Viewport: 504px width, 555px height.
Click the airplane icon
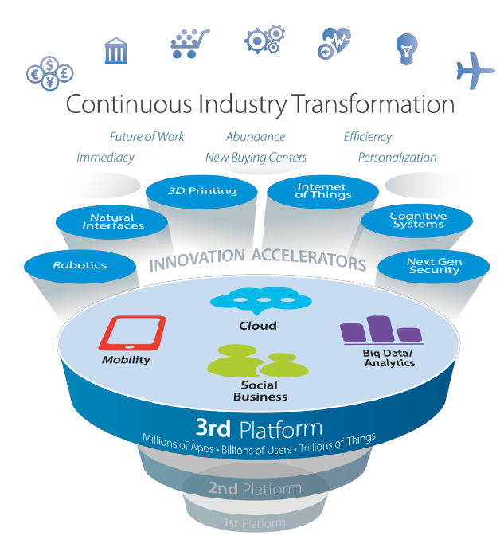[x=475, y=71]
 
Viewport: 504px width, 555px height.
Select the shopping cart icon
[x=189, y=44]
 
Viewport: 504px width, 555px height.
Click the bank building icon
[x=119, y=50]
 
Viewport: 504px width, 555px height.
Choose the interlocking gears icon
[x=264, y=41]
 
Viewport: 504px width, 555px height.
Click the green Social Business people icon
[x=251, y=364]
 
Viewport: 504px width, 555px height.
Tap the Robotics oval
[x=80, y=265]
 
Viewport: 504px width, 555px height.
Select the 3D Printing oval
[x=202, y=192]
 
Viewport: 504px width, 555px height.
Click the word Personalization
[x=397, y=158]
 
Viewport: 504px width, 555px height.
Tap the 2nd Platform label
[x=254, y=488]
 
